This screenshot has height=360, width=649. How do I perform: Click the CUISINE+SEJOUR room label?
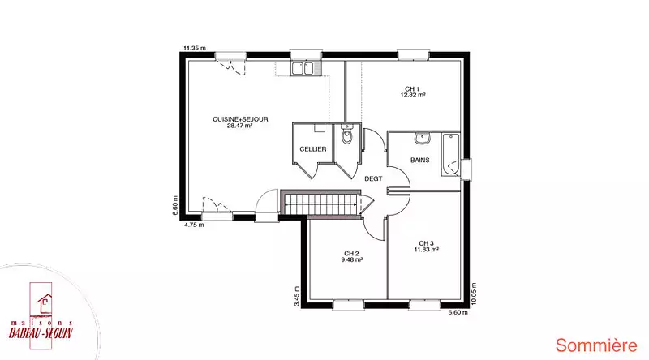click(240, 119)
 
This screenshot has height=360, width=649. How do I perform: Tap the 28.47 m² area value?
click(239, 126)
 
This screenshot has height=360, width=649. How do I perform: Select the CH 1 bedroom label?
click(412, 89)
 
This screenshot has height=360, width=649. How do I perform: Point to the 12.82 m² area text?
click(413, 95)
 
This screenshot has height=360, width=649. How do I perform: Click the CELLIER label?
click(313, 149)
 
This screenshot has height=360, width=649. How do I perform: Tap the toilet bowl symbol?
click(347, 135)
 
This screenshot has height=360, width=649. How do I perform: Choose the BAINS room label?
click(419, 161)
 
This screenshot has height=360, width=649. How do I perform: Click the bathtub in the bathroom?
click(450, 155)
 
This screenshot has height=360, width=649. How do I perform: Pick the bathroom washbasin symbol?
click(422, 138)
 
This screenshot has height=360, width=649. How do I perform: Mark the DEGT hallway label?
click(373, 178)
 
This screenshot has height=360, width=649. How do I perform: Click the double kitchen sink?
click(306, 68)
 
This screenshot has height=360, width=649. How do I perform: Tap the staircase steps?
click(321, 204)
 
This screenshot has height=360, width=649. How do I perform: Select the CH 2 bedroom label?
click(351, 254)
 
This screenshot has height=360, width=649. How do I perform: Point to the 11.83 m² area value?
click(427, 250)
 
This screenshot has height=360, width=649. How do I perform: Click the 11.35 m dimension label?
click(195, 48)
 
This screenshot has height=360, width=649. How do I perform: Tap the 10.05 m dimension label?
click(474, 294)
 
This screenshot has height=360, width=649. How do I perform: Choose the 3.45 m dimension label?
click(296, 296)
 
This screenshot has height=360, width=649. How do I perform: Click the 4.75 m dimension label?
click(194, 225)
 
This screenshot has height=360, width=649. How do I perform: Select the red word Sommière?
click(596, 345)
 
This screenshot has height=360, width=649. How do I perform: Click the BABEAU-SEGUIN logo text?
click(41, 332)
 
